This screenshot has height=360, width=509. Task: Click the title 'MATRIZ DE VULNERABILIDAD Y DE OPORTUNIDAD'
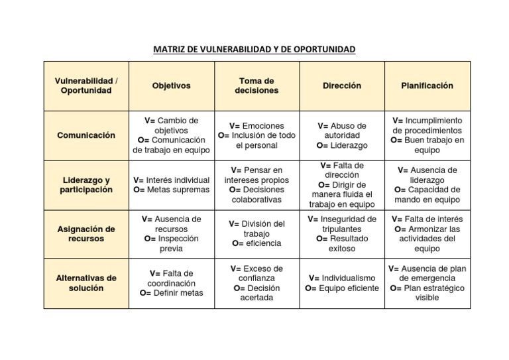pyautogui.click(x=254, y=49)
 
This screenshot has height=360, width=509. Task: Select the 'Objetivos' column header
pyautogui.click(x=171, y=86)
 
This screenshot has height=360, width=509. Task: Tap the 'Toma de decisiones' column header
pyautogui.click(x=256, y=86)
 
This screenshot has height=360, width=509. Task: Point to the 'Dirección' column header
pyautogui.click(x=342, y=86)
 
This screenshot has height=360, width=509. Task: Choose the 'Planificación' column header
pyautogui.click(x=427, y=86)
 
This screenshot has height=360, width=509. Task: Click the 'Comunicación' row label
pyautogui.click(x=86, y=135)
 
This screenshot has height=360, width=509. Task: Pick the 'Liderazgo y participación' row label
pyautogui.click(x=86, y=185)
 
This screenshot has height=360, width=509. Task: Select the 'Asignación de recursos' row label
pyautogui.click(x=86, y=234)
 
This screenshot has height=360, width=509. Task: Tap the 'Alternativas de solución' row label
pyautogui.click(x=86, y=283)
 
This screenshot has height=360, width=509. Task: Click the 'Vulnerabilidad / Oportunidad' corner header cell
pyautogui.click(x=86, y=86)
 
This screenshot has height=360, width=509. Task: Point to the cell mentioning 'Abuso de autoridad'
pyautogui.click(x=342, y=135)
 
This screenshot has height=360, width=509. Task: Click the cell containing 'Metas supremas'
pyautogui.click(x=171, y=185)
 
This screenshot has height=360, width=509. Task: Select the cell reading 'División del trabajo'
pyautogui.click(x=256, y=234)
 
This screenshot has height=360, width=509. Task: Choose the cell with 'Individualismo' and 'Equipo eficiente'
pyautogui.click(x=342, y=283)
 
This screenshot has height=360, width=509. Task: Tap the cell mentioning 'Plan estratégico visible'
pyautogui.click(x=427, y=283)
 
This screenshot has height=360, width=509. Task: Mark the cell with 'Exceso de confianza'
pyautogui.click(x=256, y=283)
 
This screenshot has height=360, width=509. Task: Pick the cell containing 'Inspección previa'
pyautogui.click(x=171, y=234)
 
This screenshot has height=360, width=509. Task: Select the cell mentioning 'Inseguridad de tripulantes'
pyautogui.click(x=342, y=234)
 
